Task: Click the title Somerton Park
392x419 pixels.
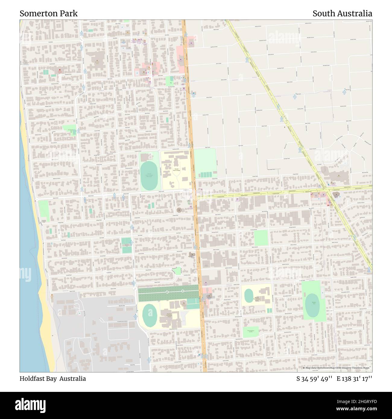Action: point(49,14)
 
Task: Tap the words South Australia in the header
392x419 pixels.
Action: point(342,14)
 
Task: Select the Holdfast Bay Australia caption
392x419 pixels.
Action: point(53,379)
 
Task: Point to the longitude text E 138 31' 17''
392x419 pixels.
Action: point(354,379)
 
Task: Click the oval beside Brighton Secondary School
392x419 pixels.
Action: point(148,316)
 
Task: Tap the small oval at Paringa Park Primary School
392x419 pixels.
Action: point(249,296)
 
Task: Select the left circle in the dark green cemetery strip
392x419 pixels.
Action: point(167,292)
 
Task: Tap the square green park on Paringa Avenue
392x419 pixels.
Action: point(261,238)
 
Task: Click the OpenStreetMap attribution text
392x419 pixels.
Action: point(337,368)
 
